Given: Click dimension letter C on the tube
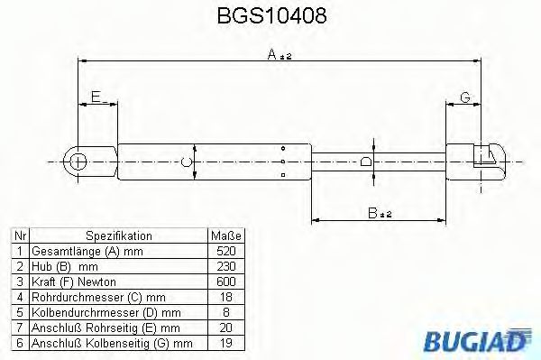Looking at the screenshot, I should (x=185, y=162).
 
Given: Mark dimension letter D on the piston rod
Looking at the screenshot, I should (x=365, y=162).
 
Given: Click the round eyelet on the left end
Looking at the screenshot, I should (x=78, y=162).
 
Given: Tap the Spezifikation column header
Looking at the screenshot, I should (x=117, y=235).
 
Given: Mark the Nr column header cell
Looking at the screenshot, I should (x=19, y=235).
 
